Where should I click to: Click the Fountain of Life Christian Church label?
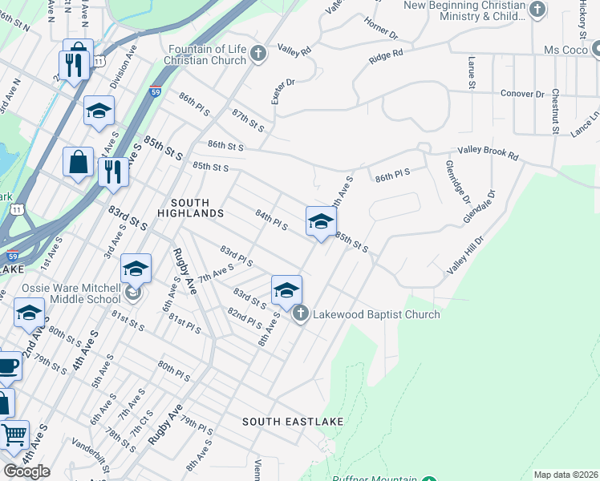(x=206, y=55)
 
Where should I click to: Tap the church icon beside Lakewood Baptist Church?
(x=300, y=313)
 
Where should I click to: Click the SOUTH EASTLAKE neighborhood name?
(x=293, y=422)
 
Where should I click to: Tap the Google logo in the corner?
(x=26, y=471)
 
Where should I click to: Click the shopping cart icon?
(x=14, y=435)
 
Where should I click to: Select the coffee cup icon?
(x=8, y=366)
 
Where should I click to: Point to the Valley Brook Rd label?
(x=488, y=151)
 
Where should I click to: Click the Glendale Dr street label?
(x=480, y=207)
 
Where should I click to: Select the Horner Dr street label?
(x=383, y=30)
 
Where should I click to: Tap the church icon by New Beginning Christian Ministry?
(x=538, y=10)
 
